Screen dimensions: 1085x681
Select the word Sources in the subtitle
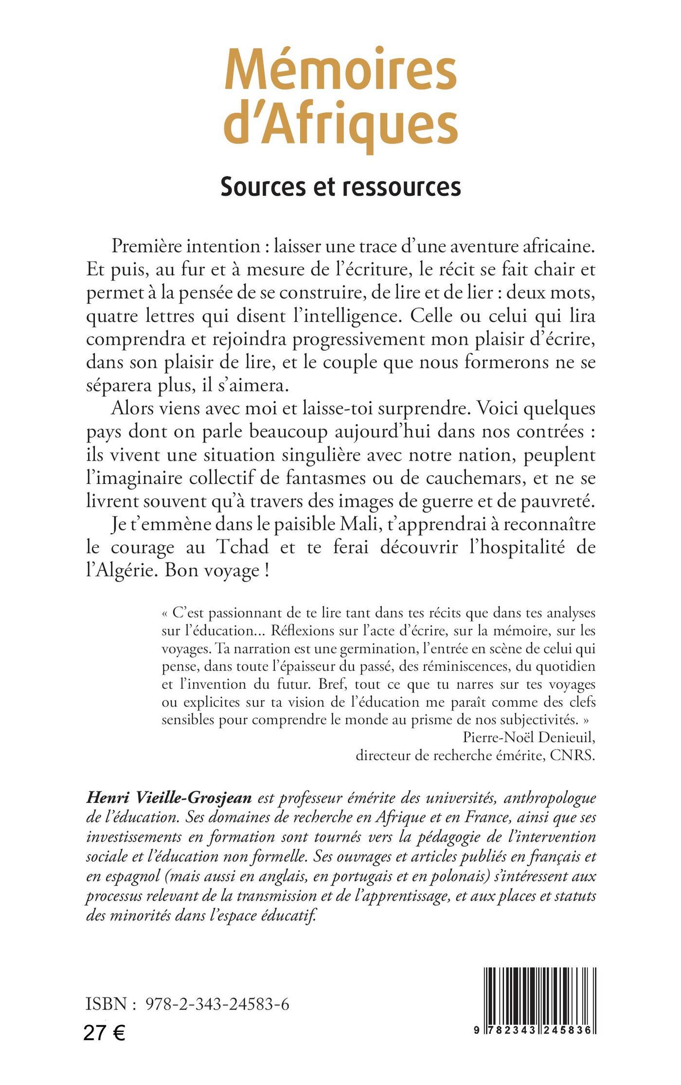click(x=262, y=187)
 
